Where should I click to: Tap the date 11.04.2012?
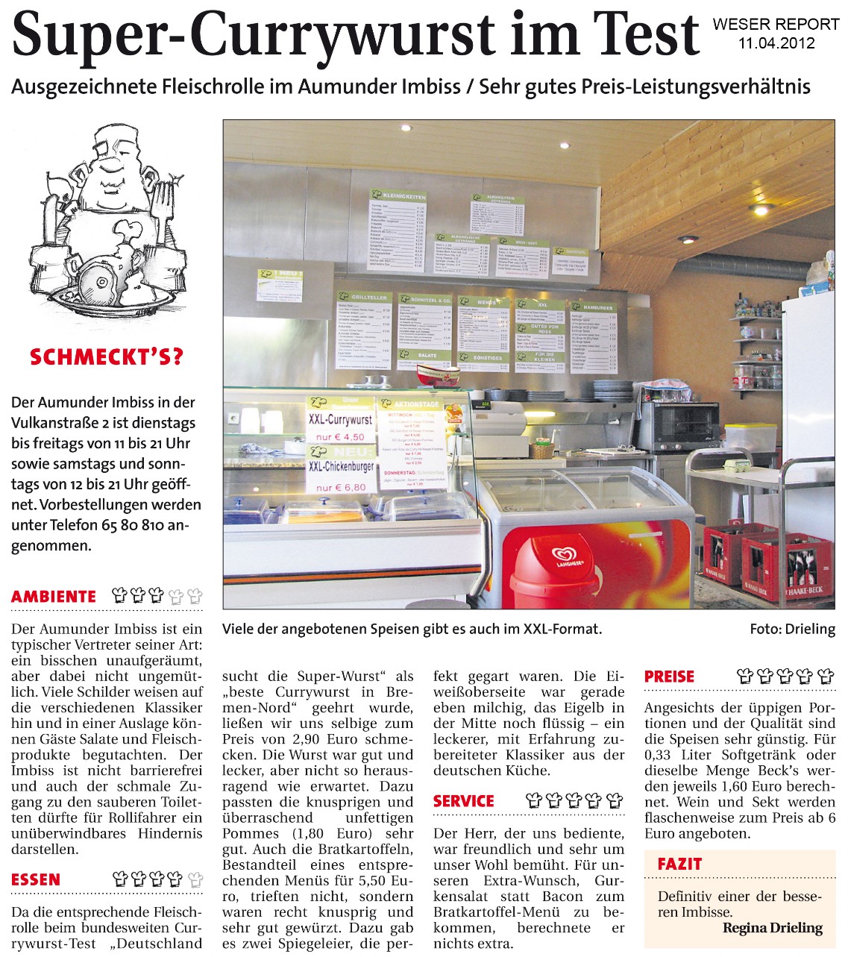776,43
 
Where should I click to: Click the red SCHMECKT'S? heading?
106,357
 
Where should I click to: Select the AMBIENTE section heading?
54,597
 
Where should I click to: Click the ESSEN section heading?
36,880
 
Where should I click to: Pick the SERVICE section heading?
463,801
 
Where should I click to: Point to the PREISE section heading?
669,677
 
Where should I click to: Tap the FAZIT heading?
679,865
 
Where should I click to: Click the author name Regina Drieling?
772,928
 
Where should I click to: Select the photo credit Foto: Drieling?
792,629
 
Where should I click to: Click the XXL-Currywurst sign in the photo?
340,420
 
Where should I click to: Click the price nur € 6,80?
341,486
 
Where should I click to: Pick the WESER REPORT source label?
776,25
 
